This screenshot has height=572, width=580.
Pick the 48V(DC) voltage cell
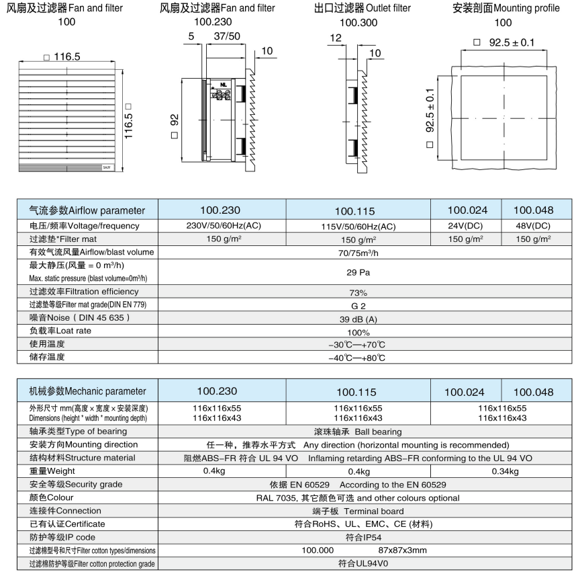(x=533, y=226)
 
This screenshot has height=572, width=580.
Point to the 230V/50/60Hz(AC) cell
(x=224, y=226)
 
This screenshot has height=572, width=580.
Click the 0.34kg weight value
(x=504, y=471)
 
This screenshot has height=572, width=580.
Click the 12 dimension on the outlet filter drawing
(x=336, y=40)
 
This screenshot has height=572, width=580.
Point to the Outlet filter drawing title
(x=362, y=8)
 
